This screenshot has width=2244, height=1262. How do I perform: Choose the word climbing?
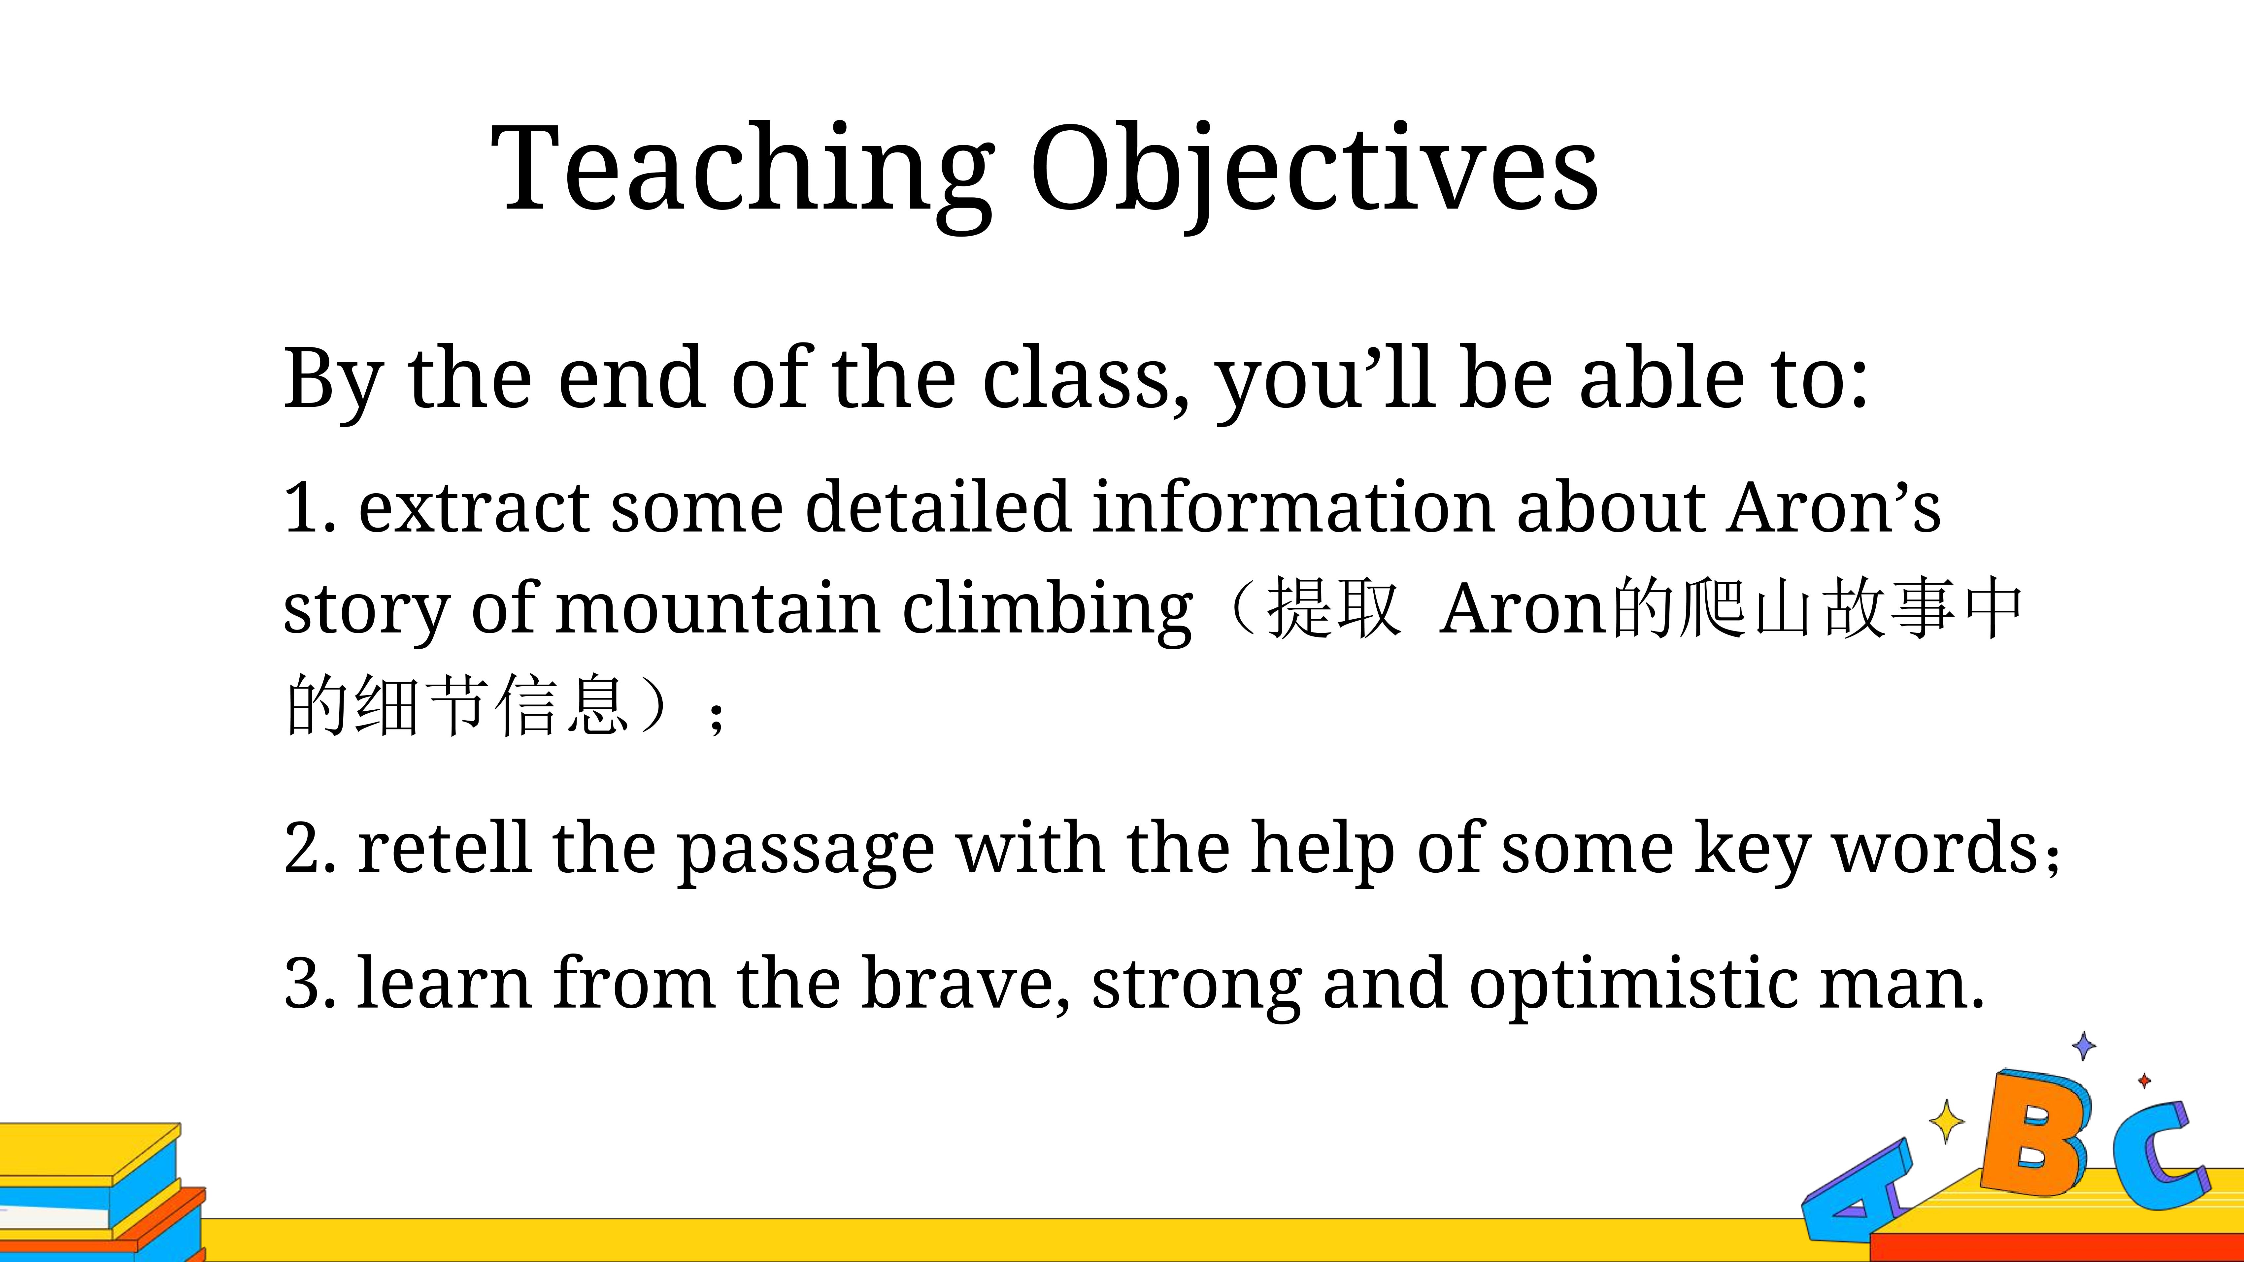(1047, 610)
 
